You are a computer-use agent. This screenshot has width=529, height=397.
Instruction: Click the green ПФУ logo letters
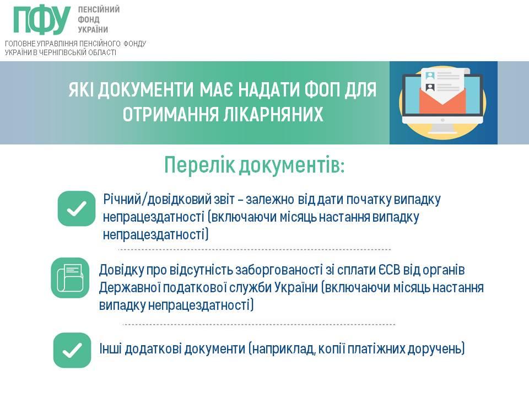click(x=42, y=20)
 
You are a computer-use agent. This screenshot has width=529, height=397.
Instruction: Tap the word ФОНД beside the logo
click(x=88, y=20)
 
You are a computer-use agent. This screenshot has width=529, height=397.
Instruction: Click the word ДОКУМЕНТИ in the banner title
click(x=146, y=89)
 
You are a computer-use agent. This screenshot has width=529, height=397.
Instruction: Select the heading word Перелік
click(x=199, y=165)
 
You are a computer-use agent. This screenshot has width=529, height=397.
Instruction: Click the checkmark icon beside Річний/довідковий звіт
click(x=77, y=208)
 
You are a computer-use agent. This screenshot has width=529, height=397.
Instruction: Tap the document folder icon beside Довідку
click(x=70, y=278)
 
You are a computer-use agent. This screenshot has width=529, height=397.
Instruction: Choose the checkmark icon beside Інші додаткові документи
click(x=72, y=350)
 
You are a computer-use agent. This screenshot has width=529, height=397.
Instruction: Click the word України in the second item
click(x=296, y=288)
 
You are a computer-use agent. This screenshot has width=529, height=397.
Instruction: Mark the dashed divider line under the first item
click(x=255, y=249)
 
